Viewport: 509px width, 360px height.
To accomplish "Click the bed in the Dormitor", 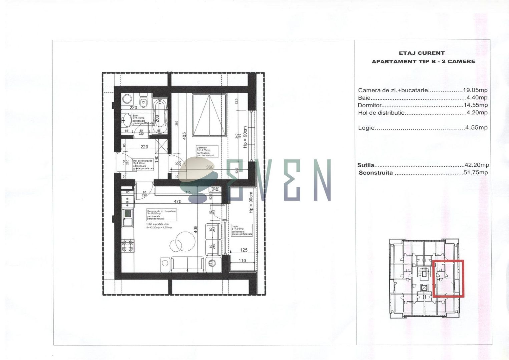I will pos(209,115).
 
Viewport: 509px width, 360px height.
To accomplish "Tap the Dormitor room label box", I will pos(207,151).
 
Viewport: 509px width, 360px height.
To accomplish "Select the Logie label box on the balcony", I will pos(241,230).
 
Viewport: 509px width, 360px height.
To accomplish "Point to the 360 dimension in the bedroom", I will pos(210,167).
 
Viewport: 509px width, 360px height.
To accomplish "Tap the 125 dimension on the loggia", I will pos(244,250).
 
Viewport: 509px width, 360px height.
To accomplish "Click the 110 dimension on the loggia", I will pos(242,261).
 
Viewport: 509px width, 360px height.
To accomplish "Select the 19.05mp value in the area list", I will pos(475,90).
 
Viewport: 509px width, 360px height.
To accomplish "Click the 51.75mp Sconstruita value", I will pos(476,173).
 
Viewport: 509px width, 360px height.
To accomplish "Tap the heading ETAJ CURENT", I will pos(422,53).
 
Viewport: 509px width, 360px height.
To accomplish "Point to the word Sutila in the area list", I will pos(366,165).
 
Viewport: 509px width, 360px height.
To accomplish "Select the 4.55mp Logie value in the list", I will pos(476,128).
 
